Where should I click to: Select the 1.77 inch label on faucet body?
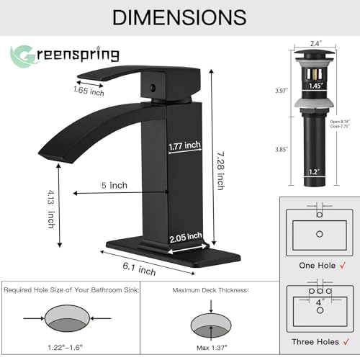[184, 146]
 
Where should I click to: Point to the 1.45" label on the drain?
[315, 86]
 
